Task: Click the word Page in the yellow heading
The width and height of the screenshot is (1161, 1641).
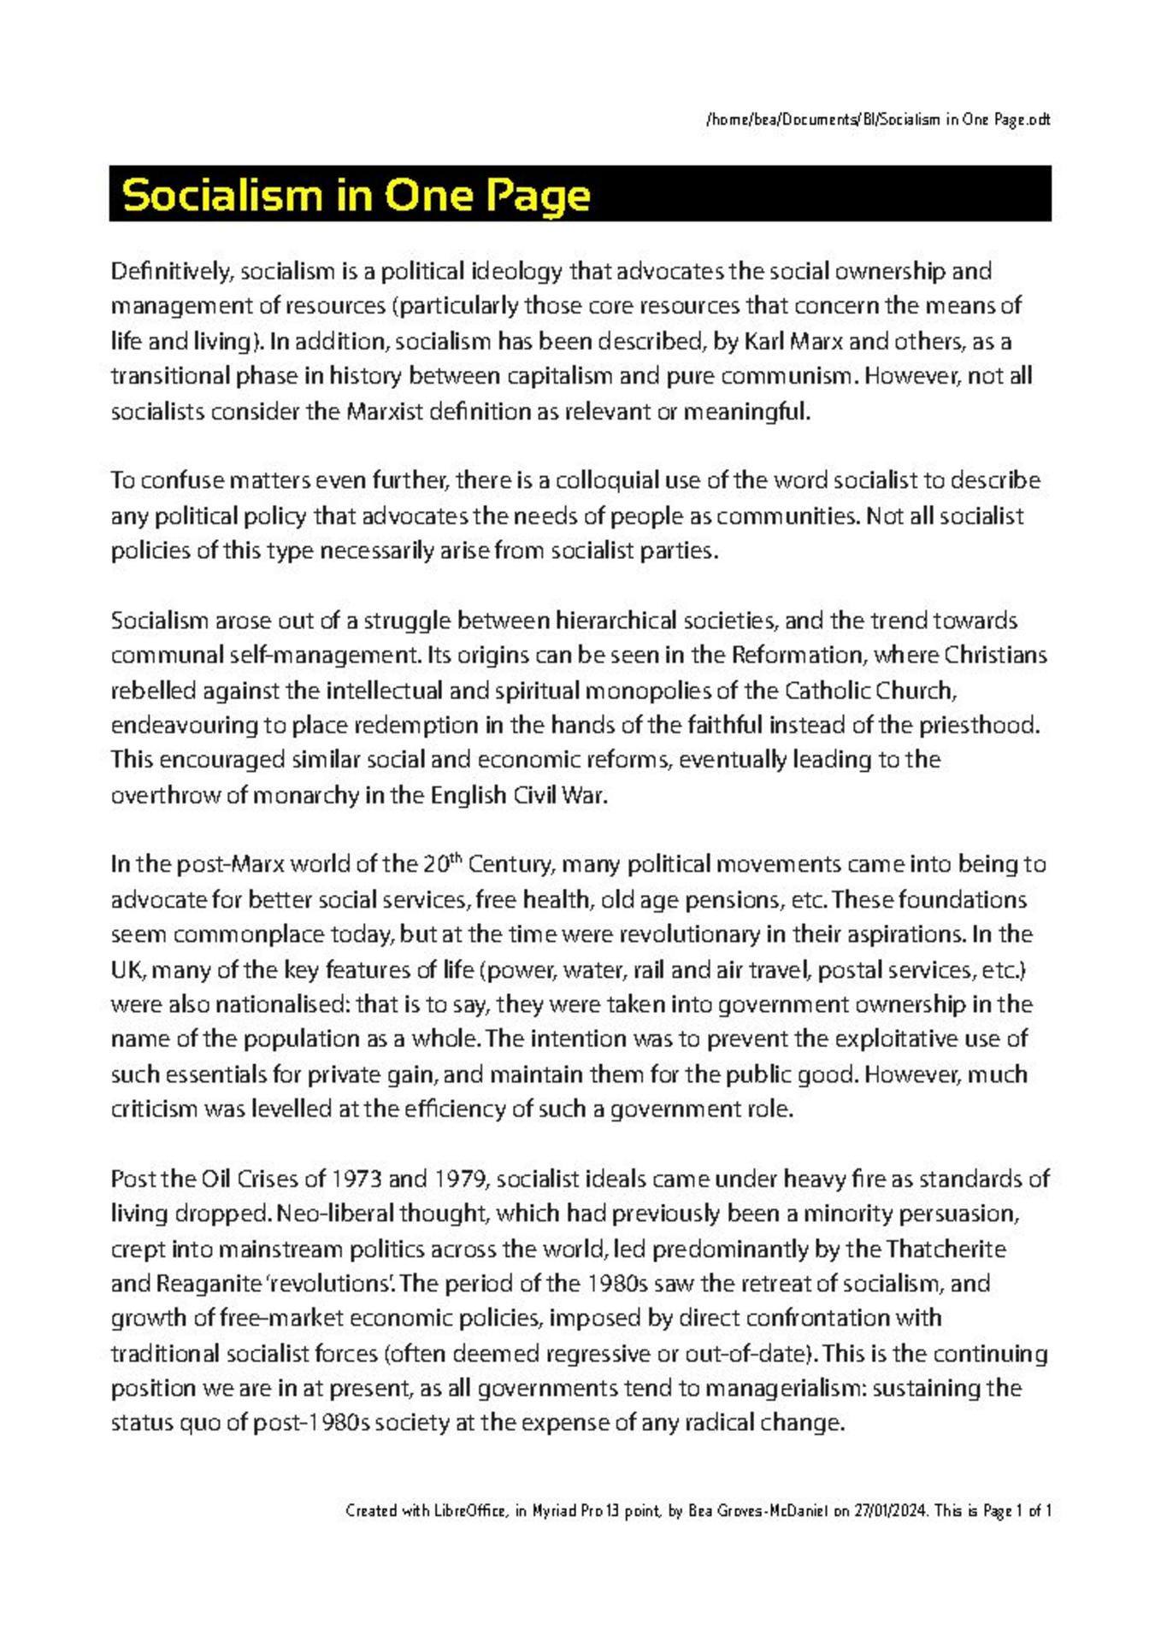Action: [538, 196]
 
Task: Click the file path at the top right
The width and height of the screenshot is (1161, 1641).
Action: [877, 120]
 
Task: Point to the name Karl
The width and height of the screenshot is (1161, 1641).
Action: [763, 342]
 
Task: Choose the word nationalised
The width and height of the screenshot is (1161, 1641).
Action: [281, 1005]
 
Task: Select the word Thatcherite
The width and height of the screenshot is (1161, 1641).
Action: [946, 1250]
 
